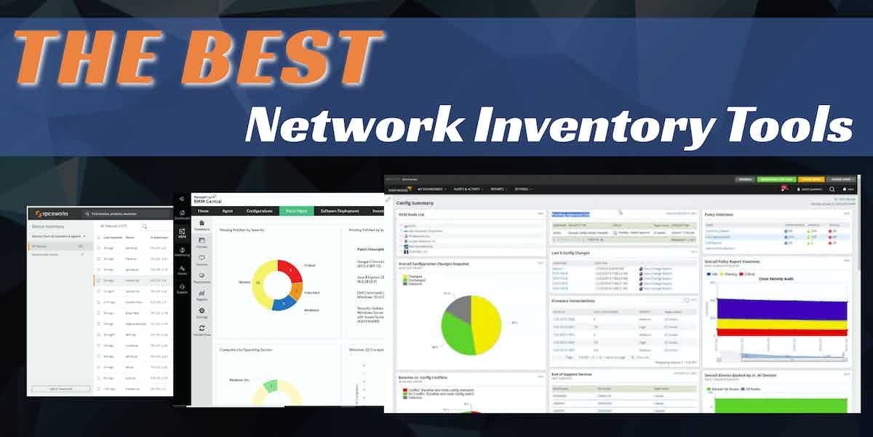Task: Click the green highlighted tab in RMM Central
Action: click(297, 211)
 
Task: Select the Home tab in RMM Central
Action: click(204, 211)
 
